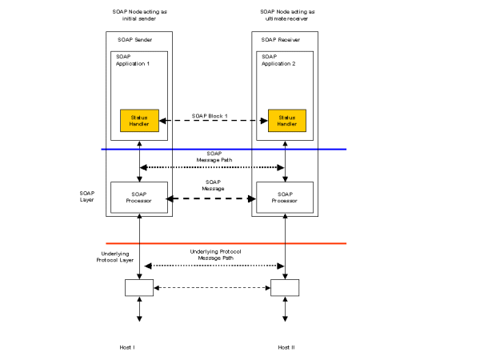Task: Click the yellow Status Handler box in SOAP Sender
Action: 139,121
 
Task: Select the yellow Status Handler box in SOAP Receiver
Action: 286,121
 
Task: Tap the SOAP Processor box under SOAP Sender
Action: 139,198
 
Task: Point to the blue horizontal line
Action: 223,149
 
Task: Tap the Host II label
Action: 286,347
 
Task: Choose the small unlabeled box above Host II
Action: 286,287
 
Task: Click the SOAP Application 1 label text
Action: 133,60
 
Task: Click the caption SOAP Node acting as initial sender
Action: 139,16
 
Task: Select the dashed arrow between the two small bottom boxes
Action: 212,287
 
